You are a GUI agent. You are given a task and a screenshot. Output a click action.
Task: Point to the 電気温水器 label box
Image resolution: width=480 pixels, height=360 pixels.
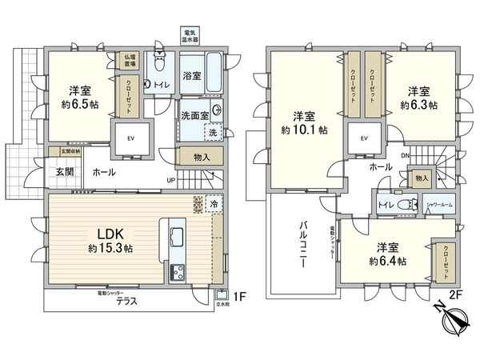[x=187, y=35]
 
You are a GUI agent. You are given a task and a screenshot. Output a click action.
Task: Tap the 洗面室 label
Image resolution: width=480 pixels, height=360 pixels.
[x=194, y=115]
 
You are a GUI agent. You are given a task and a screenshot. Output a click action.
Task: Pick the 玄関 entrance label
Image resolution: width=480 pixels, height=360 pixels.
[x=66, y=172]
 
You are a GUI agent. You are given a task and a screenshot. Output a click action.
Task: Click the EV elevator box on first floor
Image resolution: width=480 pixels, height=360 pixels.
[x=131, y=137]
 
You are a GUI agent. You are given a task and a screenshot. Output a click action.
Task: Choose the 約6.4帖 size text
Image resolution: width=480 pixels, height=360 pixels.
[x=388, y=261]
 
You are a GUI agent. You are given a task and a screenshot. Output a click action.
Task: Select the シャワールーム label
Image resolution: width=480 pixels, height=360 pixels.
[x=437, y=205]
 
